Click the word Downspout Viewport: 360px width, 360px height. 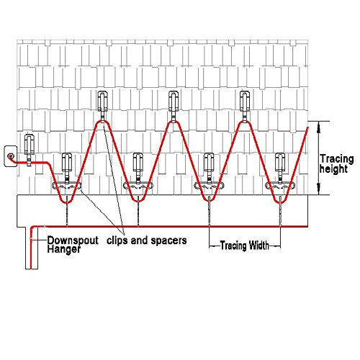(x=73, y=240)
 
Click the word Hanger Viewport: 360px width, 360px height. (x=63, y=249)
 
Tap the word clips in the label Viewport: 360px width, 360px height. (x=117, y=240)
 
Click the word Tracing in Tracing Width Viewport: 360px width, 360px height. (x=233, y=246)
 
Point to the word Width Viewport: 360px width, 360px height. (x=258, y=246)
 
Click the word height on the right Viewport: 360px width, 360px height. (x=333, y=169)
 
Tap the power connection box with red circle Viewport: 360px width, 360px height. (x=11, y=156)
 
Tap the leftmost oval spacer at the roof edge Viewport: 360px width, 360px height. (x=67, y=186)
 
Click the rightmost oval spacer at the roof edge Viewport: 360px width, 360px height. (x=280, y=186)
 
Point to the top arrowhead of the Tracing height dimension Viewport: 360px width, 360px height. (x=319, y=126)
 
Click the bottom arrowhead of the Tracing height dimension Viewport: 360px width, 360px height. (x=319, y=190)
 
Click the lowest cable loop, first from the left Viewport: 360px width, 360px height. (x=67, y=201)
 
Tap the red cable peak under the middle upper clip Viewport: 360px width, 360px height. (x=174, y=122)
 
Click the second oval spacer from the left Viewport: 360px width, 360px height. (x=138, y=186)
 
